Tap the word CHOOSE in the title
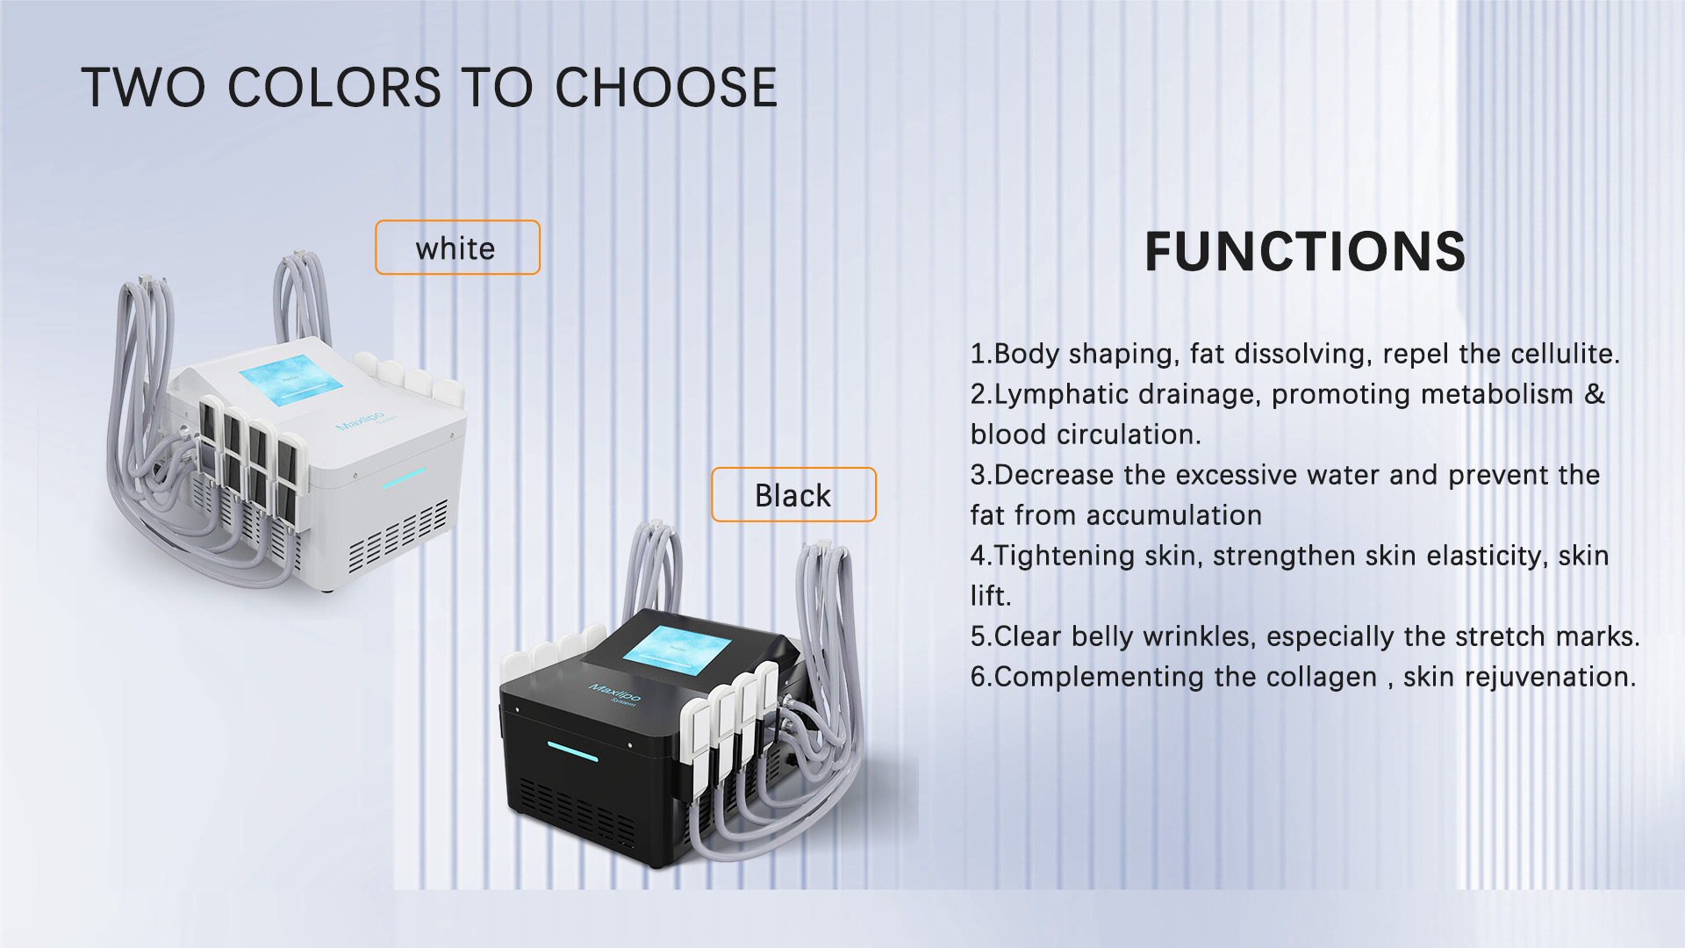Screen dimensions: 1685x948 tap(666, 88)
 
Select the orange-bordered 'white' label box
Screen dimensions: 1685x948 tap(457, 248)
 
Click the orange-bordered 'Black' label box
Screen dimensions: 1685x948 tap(793, 495)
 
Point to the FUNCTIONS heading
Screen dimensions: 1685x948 tap(1305, 252)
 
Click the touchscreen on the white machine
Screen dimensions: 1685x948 tap(290, 379)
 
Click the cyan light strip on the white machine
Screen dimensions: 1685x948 tap(403, 478)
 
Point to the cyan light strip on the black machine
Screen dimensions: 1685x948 tap(572, 751)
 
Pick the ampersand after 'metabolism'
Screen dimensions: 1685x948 tap(1595, 394)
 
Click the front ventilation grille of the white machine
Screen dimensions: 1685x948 tap(399, 535)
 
